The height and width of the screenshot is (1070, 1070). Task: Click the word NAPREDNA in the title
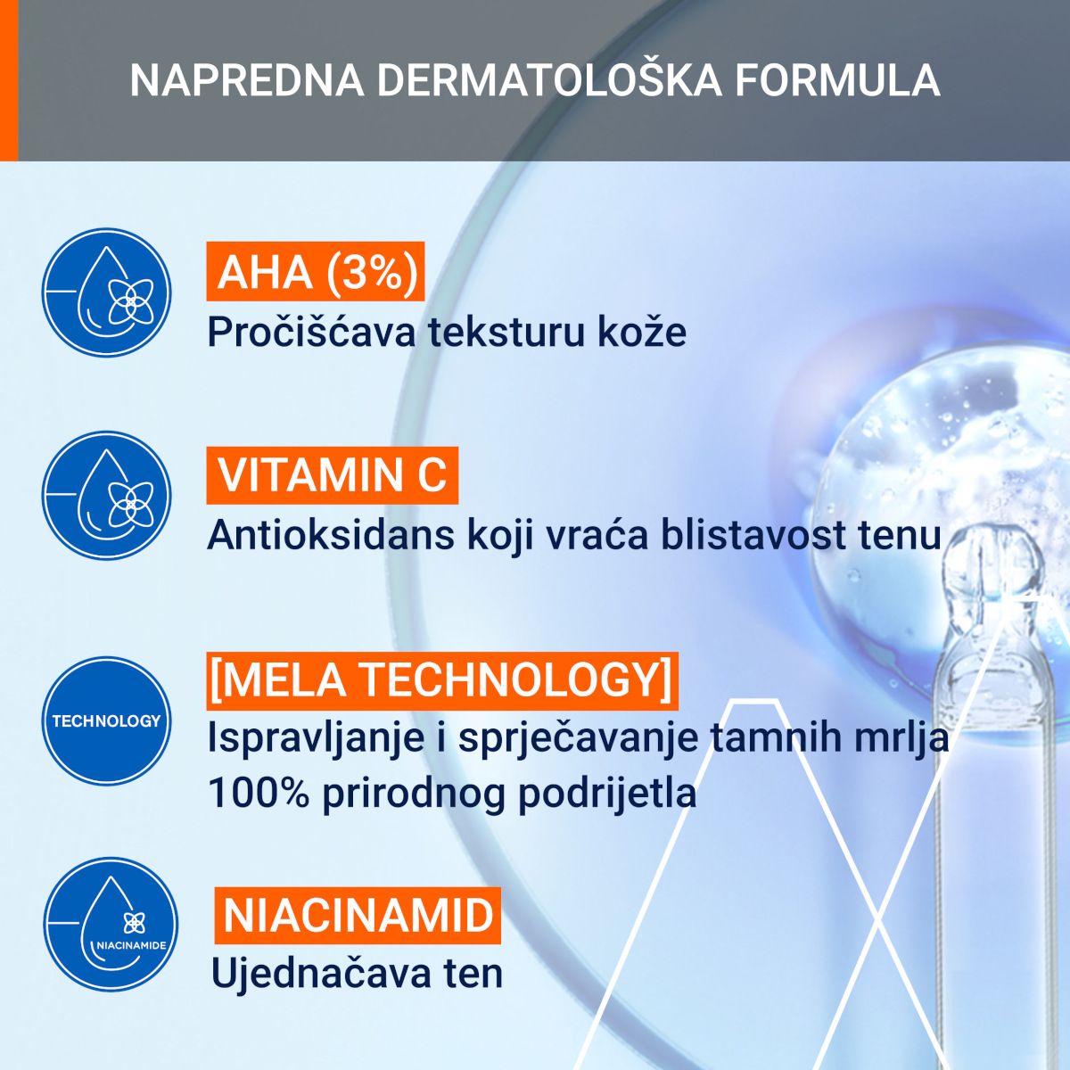tap(247, 81)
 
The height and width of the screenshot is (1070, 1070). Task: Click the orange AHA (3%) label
tap(316, 272)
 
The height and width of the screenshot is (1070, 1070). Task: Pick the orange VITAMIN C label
tap(332, 475)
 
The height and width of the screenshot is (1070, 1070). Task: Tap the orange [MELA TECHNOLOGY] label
tap(442, 681)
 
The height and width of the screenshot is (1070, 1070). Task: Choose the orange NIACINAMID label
tap(358, 916)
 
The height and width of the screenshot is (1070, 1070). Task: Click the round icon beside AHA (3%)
tap(107, 292)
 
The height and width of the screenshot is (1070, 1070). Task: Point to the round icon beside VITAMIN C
tap(107, 496)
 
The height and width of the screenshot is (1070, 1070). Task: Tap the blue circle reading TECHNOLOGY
tap(107, 721)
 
